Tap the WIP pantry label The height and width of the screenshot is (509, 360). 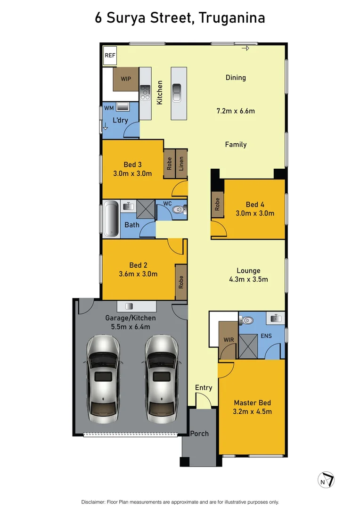(x=126, y=79)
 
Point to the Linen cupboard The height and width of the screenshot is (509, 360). (x=181, y=163)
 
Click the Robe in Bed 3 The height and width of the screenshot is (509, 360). (x=169, y=163)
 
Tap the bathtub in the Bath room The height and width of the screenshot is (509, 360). (x=111, y=219)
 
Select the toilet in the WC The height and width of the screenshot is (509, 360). (x=177, y=210)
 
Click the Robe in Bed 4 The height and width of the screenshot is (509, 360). (x=217, y=205)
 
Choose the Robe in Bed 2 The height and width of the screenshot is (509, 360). (x=181, y=282)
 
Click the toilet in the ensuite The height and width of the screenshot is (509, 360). (x=247, y=320)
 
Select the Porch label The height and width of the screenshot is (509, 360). (x=199, y=433)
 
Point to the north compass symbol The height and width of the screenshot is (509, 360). (x=326, y=480)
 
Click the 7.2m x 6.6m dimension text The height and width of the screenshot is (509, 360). (x=236, y=111)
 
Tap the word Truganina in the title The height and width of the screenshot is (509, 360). (x=232, y=18)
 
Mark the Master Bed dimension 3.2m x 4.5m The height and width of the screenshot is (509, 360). (x=253, y=411)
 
